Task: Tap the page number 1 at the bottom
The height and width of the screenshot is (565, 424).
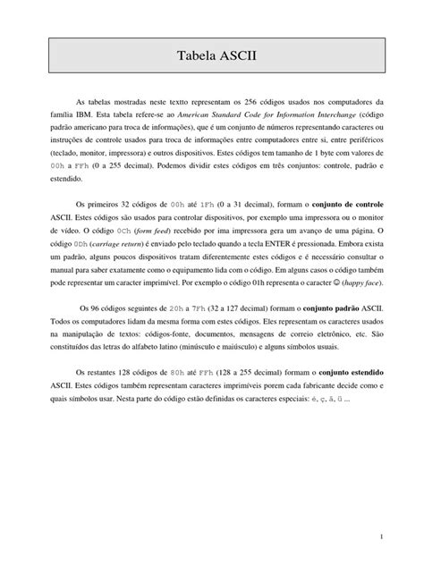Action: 380,536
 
